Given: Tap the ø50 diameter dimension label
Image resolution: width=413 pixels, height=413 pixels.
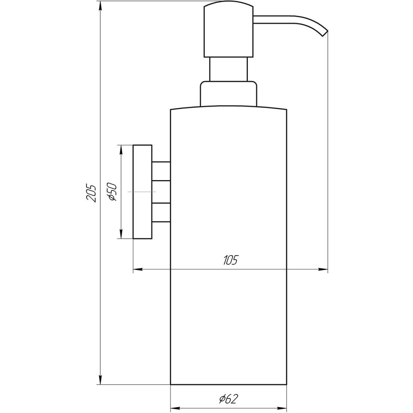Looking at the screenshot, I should point(112,192).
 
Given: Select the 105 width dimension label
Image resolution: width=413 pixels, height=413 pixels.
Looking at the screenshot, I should point(230,261).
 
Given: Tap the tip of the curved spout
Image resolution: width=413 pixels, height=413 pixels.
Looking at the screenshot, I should point(325,33).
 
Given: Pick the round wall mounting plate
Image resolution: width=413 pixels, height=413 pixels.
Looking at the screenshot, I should point(142,192).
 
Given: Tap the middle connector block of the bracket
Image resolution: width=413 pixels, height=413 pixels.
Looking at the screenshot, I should point(161,192).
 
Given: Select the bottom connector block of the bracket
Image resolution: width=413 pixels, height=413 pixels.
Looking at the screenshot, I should point(161,213).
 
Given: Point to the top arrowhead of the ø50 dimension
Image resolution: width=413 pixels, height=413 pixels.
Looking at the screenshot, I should point(121,150).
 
